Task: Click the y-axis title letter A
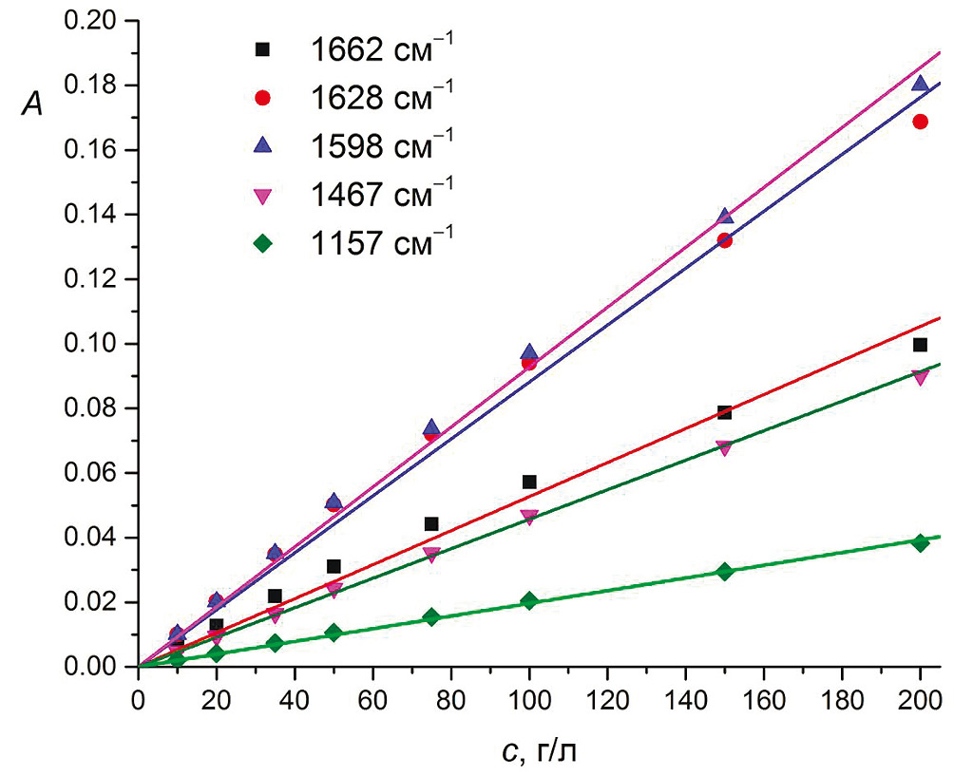[x=29, y=109]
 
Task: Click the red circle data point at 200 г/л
[x=920, y=122]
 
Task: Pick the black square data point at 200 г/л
[x=920, y=345]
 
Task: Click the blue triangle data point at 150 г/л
[x=725, y=217]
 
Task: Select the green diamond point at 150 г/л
[x=725, y=572]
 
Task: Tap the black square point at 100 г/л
[x=529, y=483]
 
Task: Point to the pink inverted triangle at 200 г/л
[x=920, y=377]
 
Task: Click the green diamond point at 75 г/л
[x=431, y=617]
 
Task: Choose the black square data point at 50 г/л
[x=334, y=567]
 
